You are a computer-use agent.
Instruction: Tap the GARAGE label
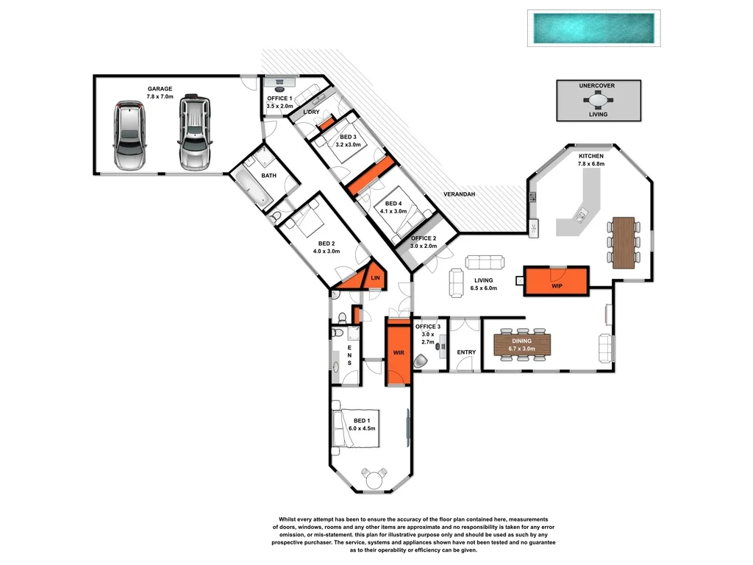pos(159,89)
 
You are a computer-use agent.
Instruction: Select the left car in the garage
pos(129,135)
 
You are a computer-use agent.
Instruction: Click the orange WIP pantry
pos(557,280)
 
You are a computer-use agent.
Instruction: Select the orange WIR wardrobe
pos(399,353)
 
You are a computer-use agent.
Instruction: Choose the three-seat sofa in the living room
pos(485,262)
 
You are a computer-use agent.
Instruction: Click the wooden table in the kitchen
pos(623,242)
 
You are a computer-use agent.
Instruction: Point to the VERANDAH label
pos(459,194)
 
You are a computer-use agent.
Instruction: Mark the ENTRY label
pos(466,352)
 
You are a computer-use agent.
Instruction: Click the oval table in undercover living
pos(598,102)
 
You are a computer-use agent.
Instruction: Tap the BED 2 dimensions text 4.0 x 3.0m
pos(326,251)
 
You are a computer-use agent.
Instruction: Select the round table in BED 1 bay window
pos(375,478)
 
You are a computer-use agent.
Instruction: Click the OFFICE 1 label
pos(279,99)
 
